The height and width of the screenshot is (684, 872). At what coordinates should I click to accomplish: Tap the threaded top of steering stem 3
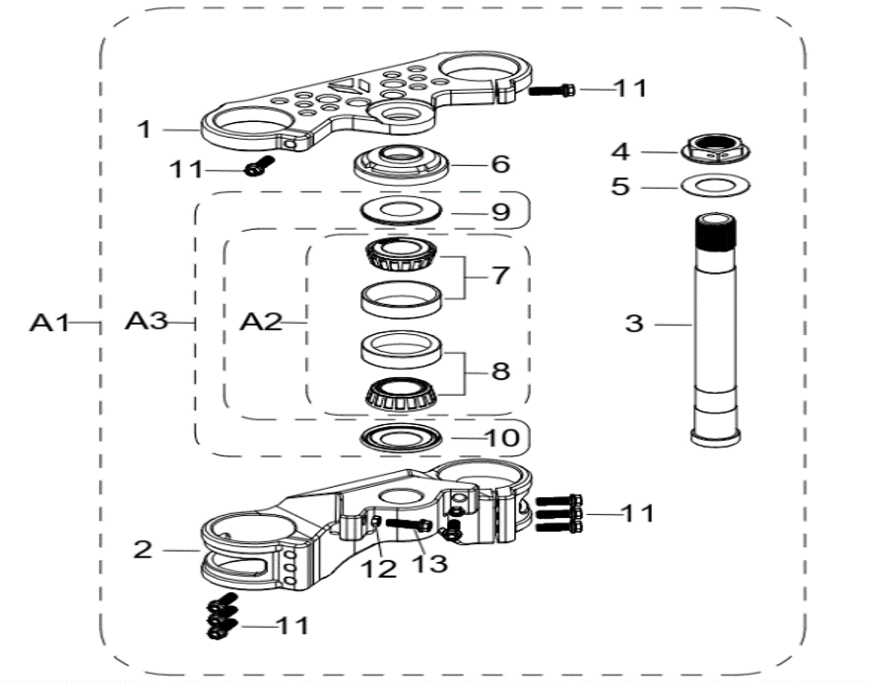tap(715, 234)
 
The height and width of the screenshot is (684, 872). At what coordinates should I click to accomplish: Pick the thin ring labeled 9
tap(401, 211)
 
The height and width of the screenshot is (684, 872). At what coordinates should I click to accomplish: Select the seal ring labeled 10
tap(401, 439)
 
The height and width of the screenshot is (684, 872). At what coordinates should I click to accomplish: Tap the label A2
tap(260, 322)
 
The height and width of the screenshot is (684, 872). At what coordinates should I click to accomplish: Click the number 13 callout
tap(430, 563)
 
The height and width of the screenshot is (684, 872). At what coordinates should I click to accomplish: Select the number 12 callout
tap(379, 568)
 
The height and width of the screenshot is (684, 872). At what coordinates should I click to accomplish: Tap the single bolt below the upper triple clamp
tap(259, 166)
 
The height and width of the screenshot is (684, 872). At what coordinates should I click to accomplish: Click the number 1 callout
tap(145, 129)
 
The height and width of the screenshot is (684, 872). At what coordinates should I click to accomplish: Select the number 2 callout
tap(143, 550)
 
